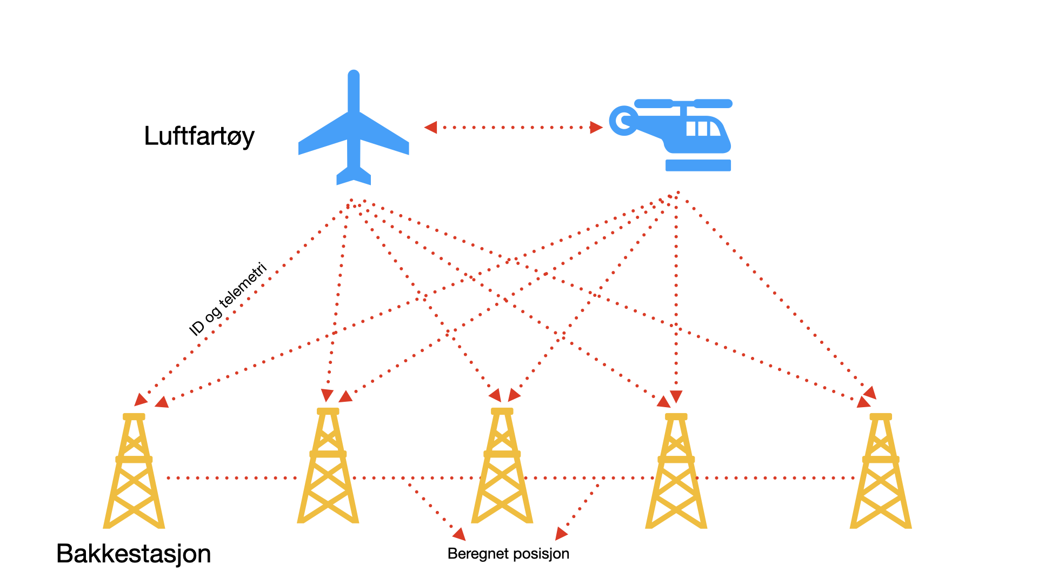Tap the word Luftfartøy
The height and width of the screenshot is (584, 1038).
click(199, 136)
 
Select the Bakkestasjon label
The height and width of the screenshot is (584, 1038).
click(134, 554)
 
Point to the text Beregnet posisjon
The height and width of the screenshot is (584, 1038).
click(508, 554)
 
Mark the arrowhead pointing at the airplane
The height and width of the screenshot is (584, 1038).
click(430, 128)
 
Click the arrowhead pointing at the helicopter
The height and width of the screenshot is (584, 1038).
click(596, 128)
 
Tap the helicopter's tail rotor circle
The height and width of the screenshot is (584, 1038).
click(623, 121)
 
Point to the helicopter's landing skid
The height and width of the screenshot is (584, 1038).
click(698, 165)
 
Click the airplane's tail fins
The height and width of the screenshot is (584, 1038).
click(354, 176)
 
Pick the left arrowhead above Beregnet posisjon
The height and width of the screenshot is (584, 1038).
click(460, 534)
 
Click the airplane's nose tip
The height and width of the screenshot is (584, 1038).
click(354, 74)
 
